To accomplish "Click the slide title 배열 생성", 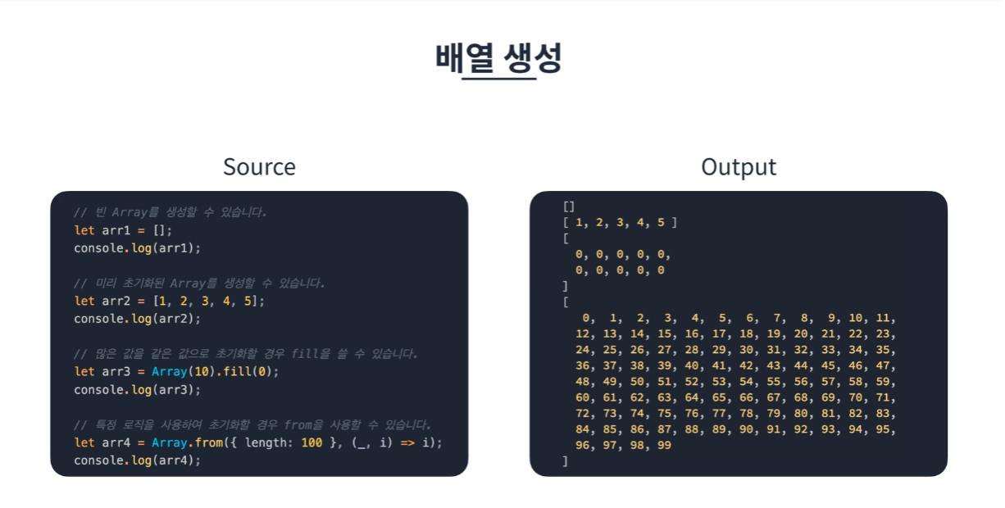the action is click(x=498, y=57).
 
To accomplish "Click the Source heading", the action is click(x=259, y=167).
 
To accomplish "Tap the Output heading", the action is click(x=739, y=167).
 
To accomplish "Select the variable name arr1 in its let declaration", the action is click(x=116, y=230).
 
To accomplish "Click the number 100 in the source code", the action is click(x=312, y=443).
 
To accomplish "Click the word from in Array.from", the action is click(x=209, y=443).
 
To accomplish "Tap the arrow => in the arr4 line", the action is click(x=407, y=443).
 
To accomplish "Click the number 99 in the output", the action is click(x=664, y=445).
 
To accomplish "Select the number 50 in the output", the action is click(x=637, y=382).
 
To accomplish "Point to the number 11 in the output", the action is click(x=883, y=318).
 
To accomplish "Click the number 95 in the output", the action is click(x=883, y=429).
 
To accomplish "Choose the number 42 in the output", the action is click(x=746, y=366).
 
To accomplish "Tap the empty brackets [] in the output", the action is click(x=569, y=206).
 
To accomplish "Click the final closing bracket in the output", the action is click(x=566, y=461).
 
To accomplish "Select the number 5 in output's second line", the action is click(x=661, y=222).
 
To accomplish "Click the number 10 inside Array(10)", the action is click(x=202, y=372).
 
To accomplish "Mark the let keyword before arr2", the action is click(x=84, y=301).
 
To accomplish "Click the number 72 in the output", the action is click(x=582, y=414).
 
